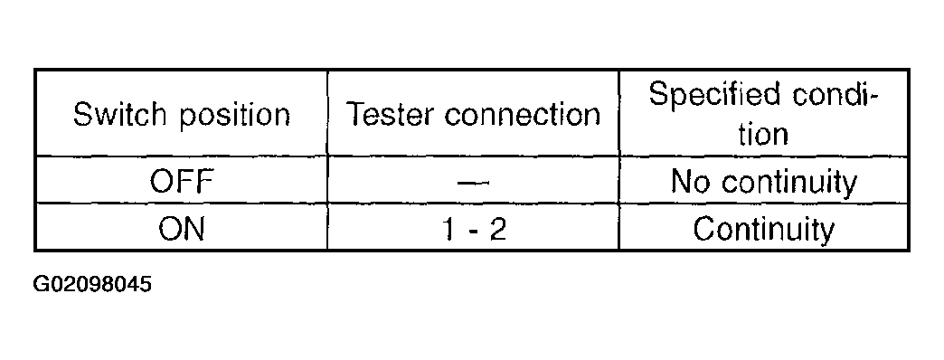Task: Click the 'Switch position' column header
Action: coord(181,115)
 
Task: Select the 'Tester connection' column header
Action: coord(474,115)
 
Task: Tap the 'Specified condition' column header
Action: coord(764,115)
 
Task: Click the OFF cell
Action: coord(181,183)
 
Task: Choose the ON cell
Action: coord(181,229)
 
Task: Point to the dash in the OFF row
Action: coord(474,183)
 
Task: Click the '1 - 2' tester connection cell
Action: coord(474,229)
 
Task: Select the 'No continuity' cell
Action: coord(764,183)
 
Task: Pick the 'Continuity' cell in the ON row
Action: coord(764,229)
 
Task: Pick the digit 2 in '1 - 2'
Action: coord(498,229)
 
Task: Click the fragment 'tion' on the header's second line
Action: coord(764,135)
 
